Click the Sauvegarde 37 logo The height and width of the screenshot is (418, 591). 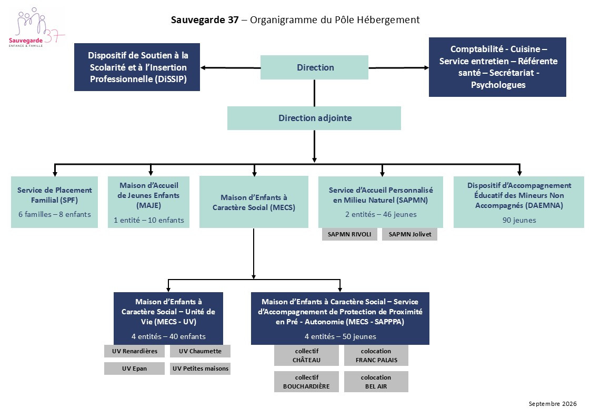pyautogui.click(x=36, y=27)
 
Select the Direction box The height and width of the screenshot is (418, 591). pyautogui.click(x=314, y=67)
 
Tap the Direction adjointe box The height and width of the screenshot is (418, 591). pyautogui.click(x=314, y=118)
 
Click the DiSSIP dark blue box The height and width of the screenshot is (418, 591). pyautogui.click(x=137, y=67)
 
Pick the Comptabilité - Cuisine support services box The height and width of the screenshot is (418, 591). pyautogui.click(x=497, y=67)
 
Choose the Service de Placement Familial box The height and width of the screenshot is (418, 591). pyautogui.click(x=55, y=202)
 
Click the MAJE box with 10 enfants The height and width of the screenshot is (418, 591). pyautogui.click(x=149, y=202)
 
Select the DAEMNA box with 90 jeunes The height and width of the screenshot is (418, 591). pyautogui.click(x=519, y=202)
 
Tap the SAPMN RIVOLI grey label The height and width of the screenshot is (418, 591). pyautogui.click(x=349, y=234)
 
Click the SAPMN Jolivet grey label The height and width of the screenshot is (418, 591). pyautogui.click(x=410, y=234)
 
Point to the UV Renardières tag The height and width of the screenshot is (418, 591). pyautogui.click(x=135, y=351)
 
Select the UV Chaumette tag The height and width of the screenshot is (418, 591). pyautogui.click(x=200, y=351)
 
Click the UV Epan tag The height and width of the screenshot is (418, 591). pyautogui.click(x=135, y=368)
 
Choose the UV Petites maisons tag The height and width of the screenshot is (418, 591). pyautogui.click(x=200, y=368)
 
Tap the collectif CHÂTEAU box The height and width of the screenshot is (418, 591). pyautogui.click(x=306, y=355)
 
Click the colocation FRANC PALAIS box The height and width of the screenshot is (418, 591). pyautogui.click(x=376, y=355)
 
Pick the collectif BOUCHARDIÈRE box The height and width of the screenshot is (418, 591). pyautogui.click(x=306, y=382)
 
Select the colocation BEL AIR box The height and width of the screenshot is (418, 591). pyautogui.click(x=376, y=382)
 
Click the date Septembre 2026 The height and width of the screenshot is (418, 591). pyautogui.click(x=553, y=404)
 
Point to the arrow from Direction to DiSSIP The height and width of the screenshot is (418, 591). pyautogui.click(x=231, y=68)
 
